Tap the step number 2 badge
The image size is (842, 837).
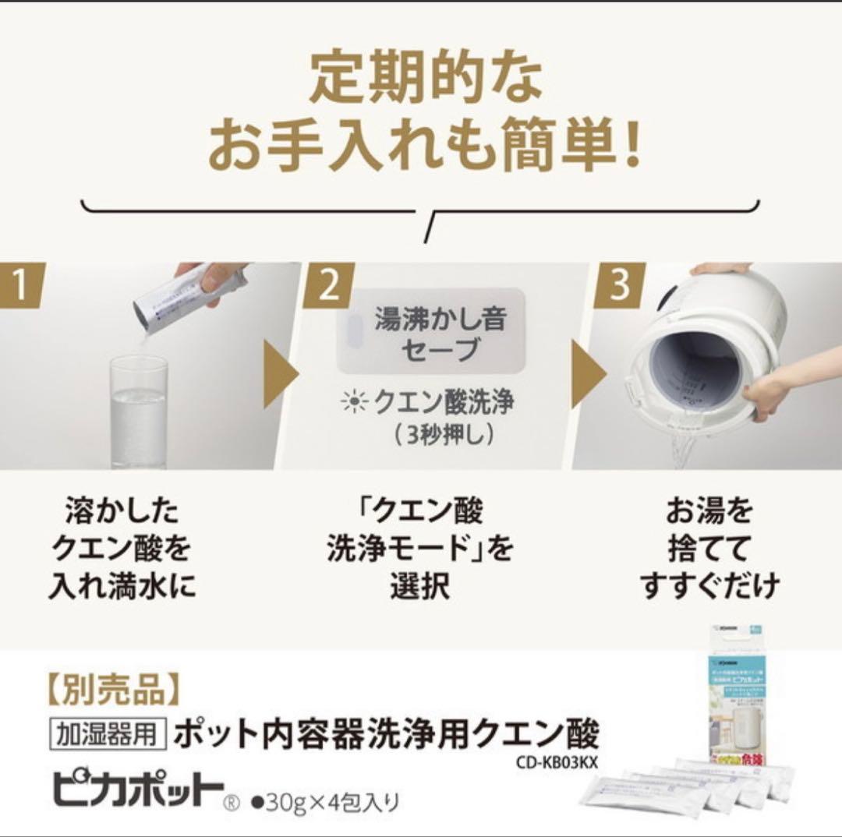pos(328,285)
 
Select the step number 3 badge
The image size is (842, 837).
pos(619,285)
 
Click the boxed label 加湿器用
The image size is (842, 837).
pos(108,734)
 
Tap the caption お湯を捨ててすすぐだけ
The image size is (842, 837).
pos(709,549)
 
